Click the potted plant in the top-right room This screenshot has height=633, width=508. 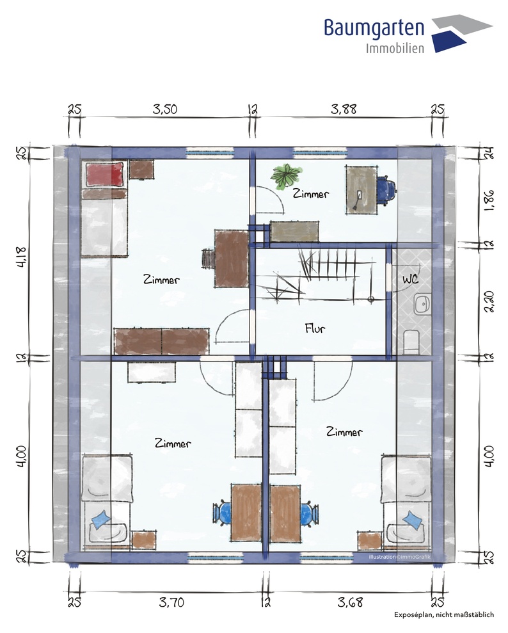(x=286, y=175)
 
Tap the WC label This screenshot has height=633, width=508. (x=410, y=279)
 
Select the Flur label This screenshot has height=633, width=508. (x=315, y=328)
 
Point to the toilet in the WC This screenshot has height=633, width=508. (x=411, y=342)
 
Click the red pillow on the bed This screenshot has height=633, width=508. (x=104, y=175)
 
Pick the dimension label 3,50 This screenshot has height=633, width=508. (x=165, y=109)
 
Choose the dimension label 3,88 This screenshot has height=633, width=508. (x=344, y=109)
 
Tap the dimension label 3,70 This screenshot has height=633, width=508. (x=171, y=602)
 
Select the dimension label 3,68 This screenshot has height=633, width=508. (x=350, y=602)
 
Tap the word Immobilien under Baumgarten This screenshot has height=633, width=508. (x=395, y=49)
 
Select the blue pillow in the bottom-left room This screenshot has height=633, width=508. (x=101, y=520)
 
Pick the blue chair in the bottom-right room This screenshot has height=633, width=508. (x=310, y=513)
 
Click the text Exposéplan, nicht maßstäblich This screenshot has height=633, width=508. (x=444, y=614)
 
